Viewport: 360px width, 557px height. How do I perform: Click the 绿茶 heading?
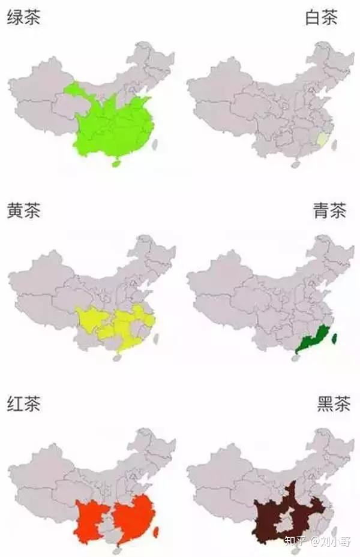tap(23, 17)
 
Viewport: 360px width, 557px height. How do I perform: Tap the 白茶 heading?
tap(321, 17)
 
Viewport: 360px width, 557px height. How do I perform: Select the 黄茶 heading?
tap(23, 211)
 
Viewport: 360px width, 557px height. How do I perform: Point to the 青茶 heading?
tap(329, 211)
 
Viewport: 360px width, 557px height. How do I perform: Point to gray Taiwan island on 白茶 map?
tap(334, 144)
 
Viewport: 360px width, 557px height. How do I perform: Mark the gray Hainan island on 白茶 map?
tap(295, 163)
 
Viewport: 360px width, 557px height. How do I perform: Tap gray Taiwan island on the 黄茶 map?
tap(156, 338)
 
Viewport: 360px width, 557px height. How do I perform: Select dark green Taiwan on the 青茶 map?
tap(334, 338)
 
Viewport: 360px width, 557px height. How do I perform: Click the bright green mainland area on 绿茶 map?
tap(114, 126)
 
